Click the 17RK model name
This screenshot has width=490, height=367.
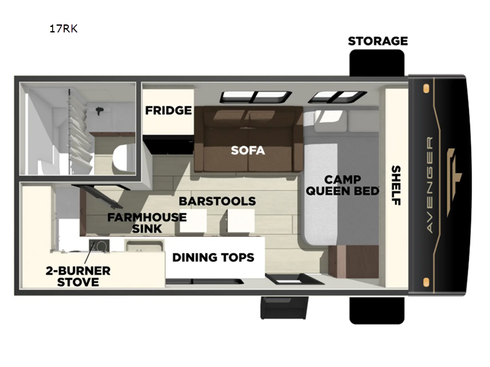pyautogui.click(x=64, y=29)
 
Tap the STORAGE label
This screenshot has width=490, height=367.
pyautogui.click(x=378, y=41)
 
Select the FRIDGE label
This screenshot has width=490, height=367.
pyautogui.click(x=168, y=110)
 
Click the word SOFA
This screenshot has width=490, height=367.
pyautogui.click(x=248, y=150)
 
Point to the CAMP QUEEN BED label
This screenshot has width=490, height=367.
pyautogui.click(x=342, y=185)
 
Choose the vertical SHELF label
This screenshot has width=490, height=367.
pyautogui.click(x=396, y=185)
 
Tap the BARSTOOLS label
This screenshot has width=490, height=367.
pyautogui.click(x=217, y=201)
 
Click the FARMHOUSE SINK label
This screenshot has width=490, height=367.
pyautogui.click(x=147, y=223)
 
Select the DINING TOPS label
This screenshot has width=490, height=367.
pyautogui.click(x=213, y=257)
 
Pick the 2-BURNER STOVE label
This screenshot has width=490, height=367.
pyautogui.click(x=78, y=276)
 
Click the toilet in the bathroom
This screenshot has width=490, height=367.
pyautogui.click(x=123, y=158)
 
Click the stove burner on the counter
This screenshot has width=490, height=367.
pyautogui.click(x=99, y=246)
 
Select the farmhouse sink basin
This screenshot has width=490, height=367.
pyautogui.click(x=144, y=245)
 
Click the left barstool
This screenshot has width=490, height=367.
pyautogui.click(x=193, y=221)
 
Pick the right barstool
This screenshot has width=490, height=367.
pyautogui.click(x=241, y=221)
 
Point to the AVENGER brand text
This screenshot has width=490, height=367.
pyautogui.click(x=430, y=185)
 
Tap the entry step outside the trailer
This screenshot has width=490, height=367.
pyautogui.click(x=284, y=308)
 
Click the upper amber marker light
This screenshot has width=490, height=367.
pyautogui.click(x=426, y=89)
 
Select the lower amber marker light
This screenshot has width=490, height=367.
pyautogui.click(x=426, y=282)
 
